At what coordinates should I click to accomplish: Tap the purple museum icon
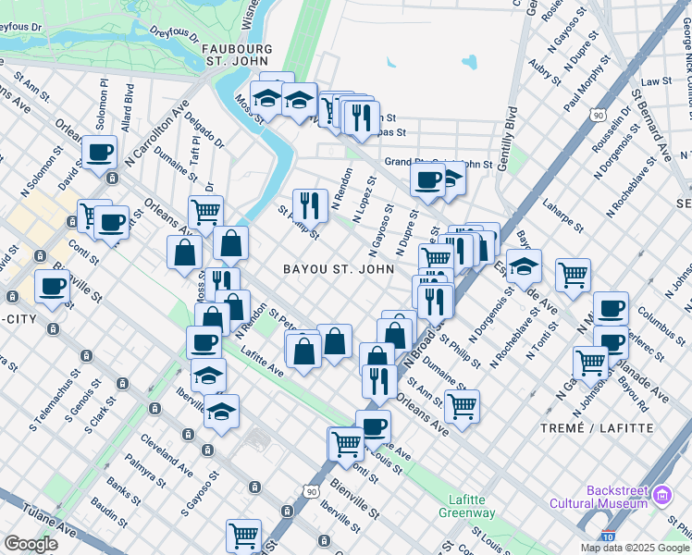(661, 496)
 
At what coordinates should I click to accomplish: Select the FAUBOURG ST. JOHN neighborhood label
(235, 55)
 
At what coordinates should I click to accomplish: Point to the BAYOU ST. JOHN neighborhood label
(339, 269)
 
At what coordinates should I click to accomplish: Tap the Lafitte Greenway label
(467, 506)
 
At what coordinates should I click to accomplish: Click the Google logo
(31, 544)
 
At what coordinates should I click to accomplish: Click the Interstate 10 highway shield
(606, 536)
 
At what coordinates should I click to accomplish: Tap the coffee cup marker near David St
(99, 152)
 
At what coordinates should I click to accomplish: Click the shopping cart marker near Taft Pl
(205, 211)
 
